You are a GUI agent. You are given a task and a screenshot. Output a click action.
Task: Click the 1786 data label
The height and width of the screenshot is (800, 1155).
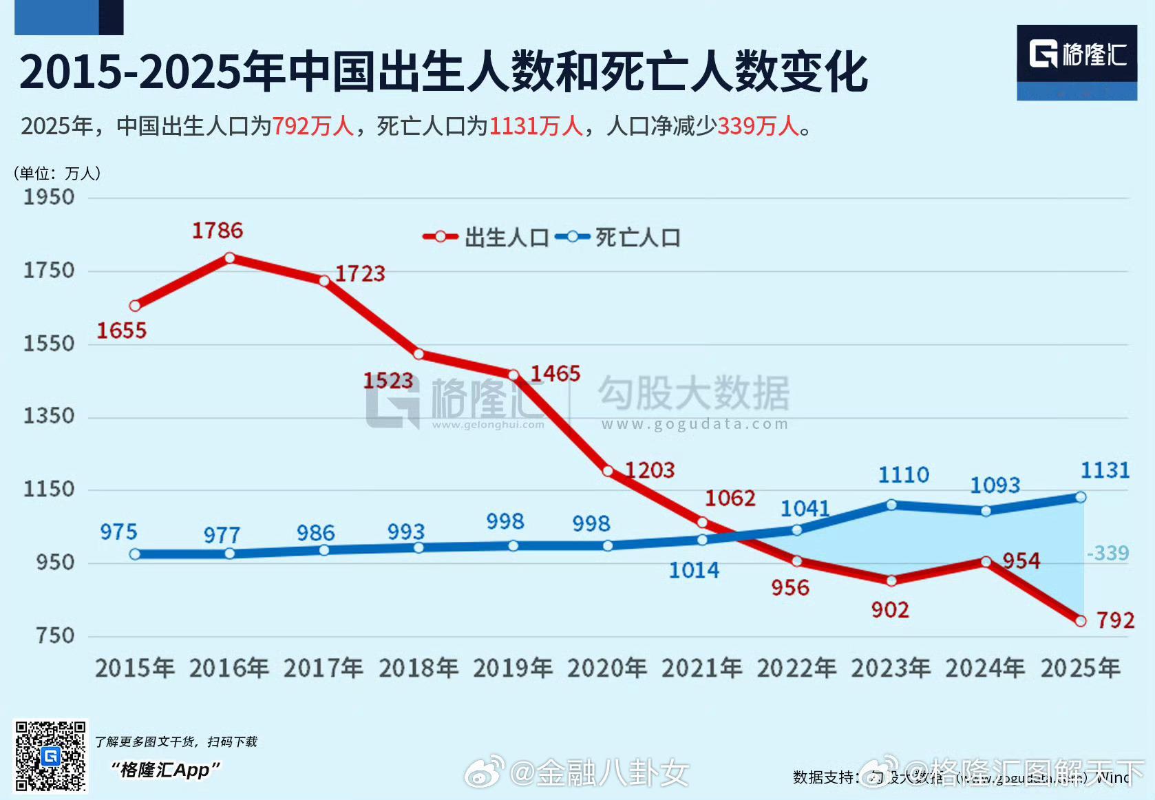coord(218,230)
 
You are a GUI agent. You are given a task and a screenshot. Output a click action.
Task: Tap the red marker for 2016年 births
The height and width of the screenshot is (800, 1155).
coord(230,258)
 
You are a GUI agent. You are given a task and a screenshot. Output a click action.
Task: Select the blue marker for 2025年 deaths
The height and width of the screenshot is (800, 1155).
coord(1081,497)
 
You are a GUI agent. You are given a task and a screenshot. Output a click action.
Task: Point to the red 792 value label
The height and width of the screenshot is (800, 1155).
coord(1115,620)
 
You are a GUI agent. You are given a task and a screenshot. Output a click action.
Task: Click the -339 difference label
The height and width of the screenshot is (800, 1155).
coord(1108,553)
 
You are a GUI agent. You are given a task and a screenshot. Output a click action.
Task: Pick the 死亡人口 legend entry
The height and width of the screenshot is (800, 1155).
coord(618,238)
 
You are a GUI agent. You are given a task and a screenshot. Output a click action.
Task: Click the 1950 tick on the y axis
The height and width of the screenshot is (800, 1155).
coord(49,198)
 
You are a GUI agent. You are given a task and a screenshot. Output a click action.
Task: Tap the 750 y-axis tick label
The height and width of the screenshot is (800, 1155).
coord(55,635)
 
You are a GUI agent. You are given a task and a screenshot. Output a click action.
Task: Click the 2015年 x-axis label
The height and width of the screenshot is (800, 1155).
coord(135,668)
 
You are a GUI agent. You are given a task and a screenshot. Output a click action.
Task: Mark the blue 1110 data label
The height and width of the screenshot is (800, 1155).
coord(904,474)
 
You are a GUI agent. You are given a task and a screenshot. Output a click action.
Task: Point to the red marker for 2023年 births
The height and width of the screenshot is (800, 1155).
coord(891,581)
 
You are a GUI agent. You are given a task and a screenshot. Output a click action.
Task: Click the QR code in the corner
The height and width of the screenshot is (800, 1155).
coord(51,756)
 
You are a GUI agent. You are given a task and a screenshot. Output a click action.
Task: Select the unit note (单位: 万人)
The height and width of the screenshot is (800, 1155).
coord(57,173)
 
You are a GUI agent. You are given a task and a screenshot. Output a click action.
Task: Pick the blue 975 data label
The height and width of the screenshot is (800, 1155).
coord(118,531)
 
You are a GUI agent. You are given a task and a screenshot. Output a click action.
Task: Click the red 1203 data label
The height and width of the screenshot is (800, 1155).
coord(650,470)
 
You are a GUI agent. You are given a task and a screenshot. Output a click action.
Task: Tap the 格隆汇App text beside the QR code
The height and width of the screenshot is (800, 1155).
coord(166,770)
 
